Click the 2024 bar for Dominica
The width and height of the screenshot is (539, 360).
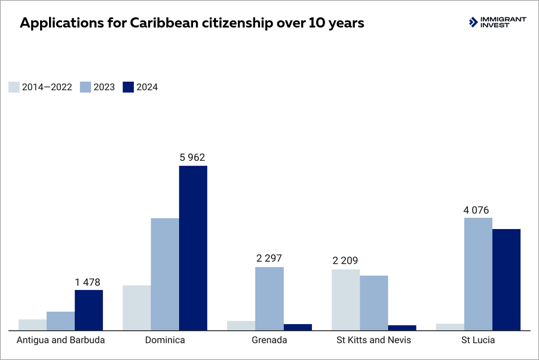click(193, 248)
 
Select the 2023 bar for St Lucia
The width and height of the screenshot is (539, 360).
click(478, 273)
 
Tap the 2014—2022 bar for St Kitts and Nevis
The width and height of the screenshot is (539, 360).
click(345, 300)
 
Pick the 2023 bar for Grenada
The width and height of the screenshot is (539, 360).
click(269, 298)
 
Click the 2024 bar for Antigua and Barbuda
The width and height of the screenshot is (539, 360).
click(88, 310)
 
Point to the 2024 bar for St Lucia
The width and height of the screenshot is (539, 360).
click(506, 279)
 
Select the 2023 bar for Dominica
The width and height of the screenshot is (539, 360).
click(165, 274)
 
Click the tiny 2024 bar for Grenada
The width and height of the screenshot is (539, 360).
click(298, 327)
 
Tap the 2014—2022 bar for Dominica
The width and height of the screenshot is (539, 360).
click(137, 307)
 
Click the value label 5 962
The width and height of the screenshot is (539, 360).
click(192, 158)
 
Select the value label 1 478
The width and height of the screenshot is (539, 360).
click(87, 282)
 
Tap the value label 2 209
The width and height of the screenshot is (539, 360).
click(345, 261)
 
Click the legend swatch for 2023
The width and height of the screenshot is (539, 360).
click(85, 87)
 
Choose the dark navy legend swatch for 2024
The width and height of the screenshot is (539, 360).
click(128, 87)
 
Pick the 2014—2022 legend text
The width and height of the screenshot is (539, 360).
click(47, 87)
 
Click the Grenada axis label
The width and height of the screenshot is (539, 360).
click(269, 340)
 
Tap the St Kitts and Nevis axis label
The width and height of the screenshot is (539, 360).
click(373, 340)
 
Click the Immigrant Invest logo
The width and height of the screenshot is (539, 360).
click(497, 22)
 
